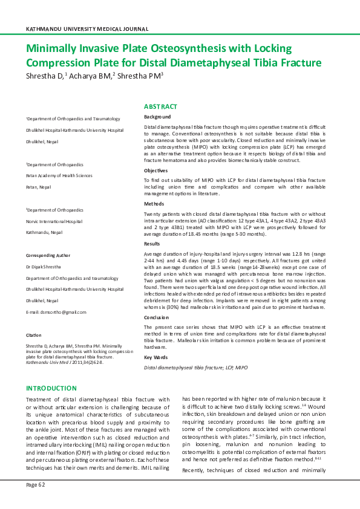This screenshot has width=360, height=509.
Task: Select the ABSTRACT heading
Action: pos(160,106)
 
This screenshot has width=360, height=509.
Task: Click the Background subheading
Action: pos(157,117)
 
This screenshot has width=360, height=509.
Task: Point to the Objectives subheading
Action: pos(157,170)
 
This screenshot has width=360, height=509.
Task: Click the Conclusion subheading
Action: pos(157,317)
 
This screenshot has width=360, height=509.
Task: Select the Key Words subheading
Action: pos(156,357)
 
